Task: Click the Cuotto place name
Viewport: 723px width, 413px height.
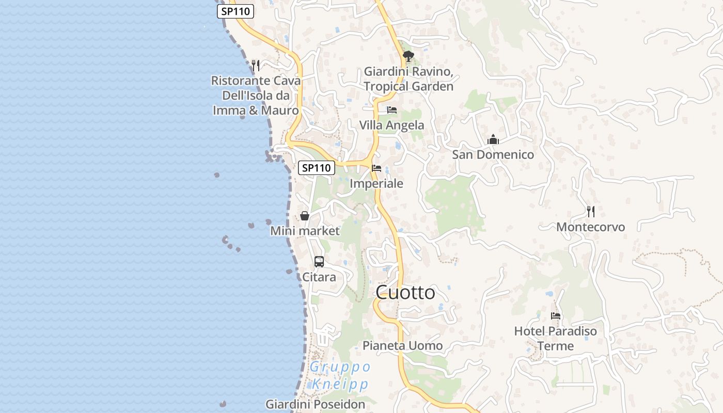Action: [x=405, y=293]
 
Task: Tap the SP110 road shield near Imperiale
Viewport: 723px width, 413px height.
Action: [x=316, y=168]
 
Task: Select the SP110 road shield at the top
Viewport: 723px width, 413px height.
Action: [x=235, y=11]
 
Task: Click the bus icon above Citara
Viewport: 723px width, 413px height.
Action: [x=319, y=262]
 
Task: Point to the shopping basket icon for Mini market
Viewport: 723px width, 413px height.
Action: [x=305, y=216]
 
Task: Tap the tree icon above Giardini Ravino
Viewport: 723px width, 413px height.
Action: [x=408, y=56]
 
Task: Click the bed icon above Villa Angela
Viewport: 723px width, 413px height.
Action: [x=392, y=110]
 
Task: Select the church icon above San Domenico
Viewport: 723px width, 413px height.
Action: [x=493, y=139]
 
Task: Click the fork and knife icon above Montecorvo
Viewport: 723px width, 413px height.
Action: [x=590, y=211]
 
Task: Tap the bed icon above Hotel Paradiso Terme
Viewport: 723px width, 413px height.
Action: [x=556, y=315]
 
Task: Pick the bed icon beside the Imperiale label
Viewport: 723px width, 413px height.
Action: [x=376, y=168]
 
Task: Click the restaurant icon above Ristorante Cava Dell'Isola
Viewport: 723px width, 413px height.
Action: [x=255, y=66]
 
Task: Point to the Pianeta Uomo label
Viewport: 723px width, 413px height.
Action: [x=403, y=346]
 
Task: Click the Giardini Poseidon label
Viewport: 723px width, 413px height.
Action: [x=315, y=404]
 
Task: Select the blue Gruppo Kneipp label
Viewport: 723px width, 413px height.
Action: [x=340, y=376]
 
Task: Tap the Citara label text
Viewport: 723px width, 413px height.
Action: [x=319, y=277]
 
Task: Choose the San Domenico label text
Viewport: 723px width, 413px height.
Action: [x=493, y=155]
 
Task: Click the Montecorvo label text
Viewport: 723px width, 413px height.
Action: [x=590, y=227]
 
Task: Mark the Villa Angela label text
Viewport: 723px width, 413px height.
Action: [x=392, y=125]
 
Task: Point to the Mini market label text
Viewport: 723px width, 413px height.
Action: [x=305, y=231]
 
